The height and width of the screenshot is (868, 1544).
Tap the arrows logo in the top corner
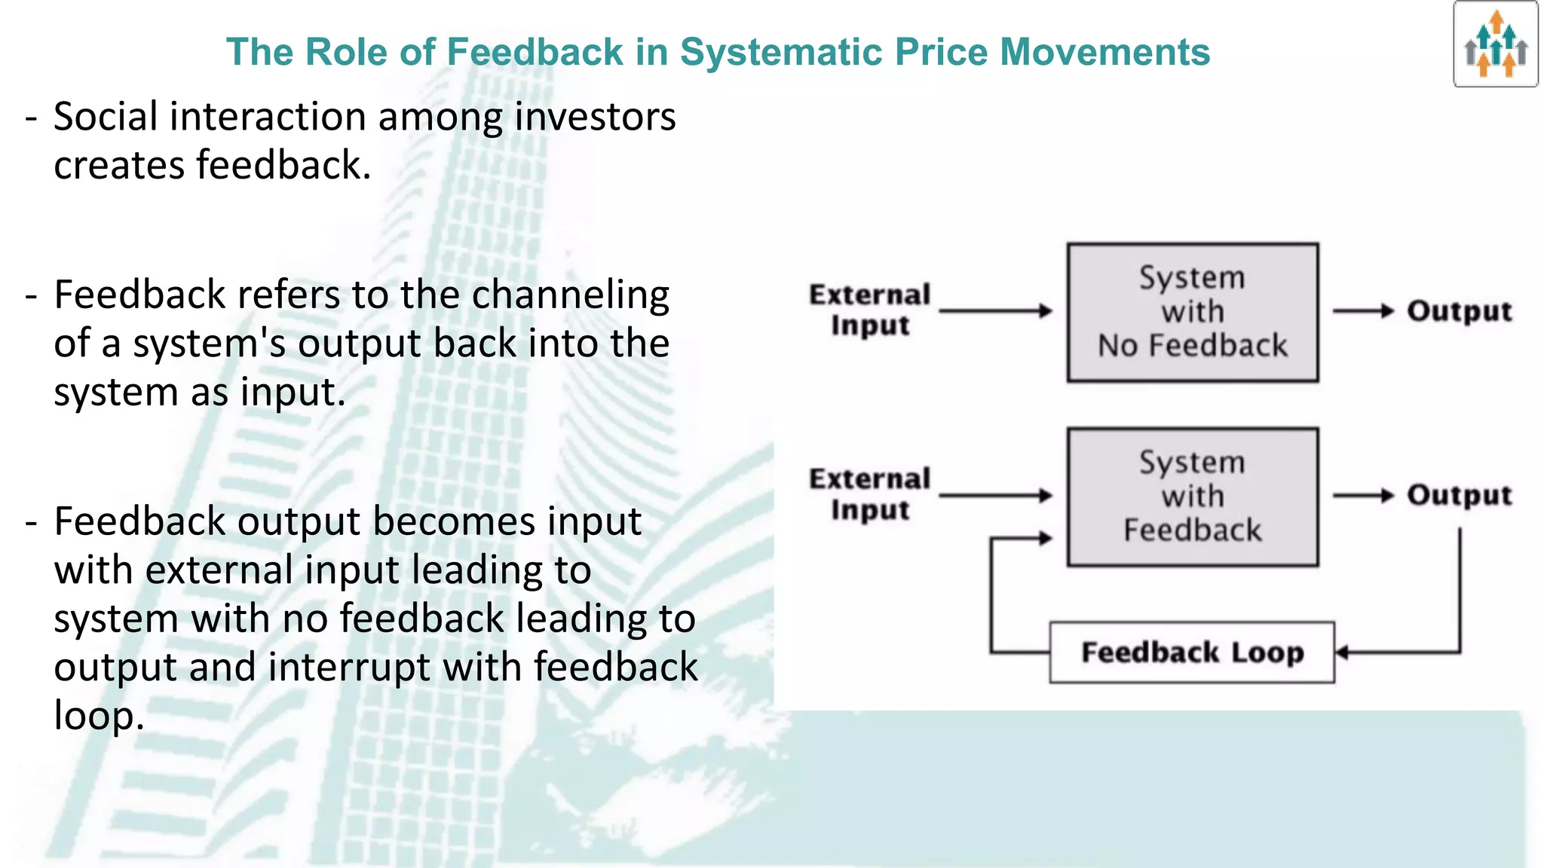(x=1496, y=44)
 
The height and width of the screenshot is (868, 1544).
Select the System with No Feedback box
(x=1192, y=312)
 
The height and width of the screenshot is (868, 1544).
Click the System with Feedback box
(x=1192, y=497)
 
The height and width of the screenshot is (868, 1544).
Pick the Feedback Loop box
(x=1192, y=653)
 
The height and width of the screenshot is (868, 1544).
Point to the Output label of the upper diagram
(x=1459, y=311)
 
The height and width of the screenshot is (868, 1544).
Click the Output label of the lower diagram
(x=1459, y=496)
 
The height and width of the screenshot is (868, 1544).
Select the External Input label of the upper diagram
(x=869, y=310)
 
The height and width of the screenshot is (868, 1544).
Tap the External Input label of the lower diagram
(x=869, y=494)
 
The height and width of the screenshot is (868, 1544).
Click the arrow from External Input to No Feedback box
(x=995, y=310)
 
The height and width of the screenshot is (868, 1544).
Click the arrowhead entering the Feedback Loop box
(x=1342, y=653)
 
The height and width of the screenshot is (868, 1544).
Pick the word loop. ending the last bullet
(x=98, y=716)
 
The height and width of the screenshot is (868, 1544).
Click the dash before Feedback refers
(x=31, y=296)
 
